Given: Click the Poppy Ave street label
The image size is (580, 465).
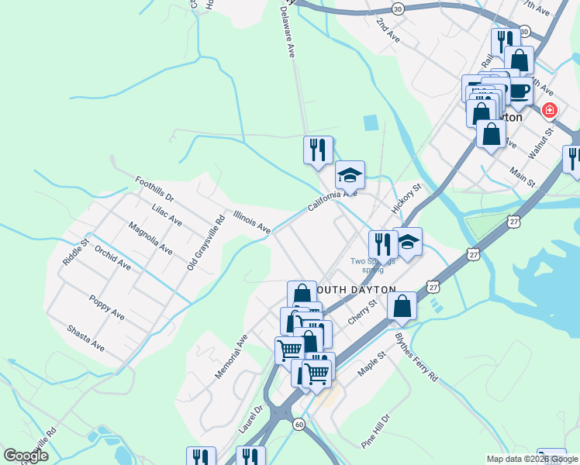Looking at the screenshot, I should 106,308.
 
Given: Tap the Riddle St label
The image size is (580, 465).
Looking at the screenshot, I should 74,249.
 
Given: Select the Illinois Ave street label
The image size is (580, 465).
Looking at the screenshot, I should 252,223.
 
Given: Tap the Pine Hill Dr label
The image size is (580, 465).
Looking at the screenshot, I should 375,431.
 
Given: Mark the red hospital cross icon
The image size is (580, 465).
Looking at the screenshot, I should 550,111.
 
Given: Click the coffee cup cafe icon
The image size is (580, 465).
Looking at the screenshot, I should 520,90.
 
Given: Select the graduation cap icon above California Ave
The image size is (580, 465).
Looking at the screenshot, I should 350,174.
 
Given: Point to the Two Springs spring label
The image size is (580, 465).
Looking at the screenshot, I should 373,265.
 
